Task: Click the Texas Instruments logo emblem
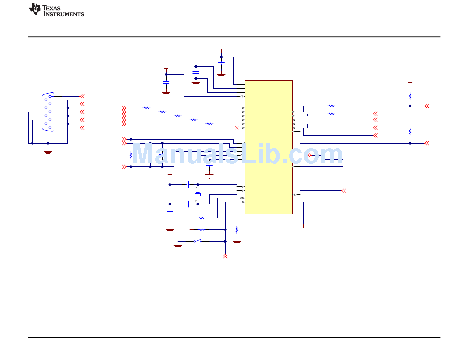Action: click(x=34, y=9)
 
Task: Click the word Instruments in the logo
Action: click(x=64, y=14)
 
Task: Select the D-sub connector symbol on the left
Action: click(x=48, y=112)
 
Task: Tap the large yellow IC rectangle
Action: click(x=268, y=147)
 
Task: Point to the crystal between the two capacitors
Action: click(x=198, y=195)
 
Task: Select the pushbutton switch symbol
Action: click(x=198, y=241)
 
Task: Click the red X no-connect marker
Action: click(x=237, y=128)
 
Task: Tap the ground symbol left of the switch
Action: click(x=178, y=247)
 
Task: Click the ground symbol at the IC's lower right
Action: click(x=304, y=229)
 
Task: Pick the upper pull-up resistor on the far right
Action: click(x=410, y=96)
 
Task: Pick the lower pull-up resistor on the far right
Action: click(x=410, y=131)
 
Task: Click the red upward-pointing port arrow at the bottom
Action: click(x=225, y=256)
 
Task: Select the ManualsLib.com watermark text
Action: click(x=237, y=154)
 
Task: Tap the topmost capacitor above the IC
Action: click(x=221, y=63)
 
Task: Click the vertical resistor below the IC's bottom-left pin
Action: click(x=237, y=229)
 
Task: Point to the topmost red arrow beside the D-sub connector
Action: click(x=82, y=96)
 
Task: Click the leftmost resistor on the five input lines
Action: click(x=146, y=108)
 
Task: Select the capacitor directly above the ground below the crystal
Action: click(x=170, y=212)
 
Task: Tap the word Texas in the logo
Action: click(x=51, y=8)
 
